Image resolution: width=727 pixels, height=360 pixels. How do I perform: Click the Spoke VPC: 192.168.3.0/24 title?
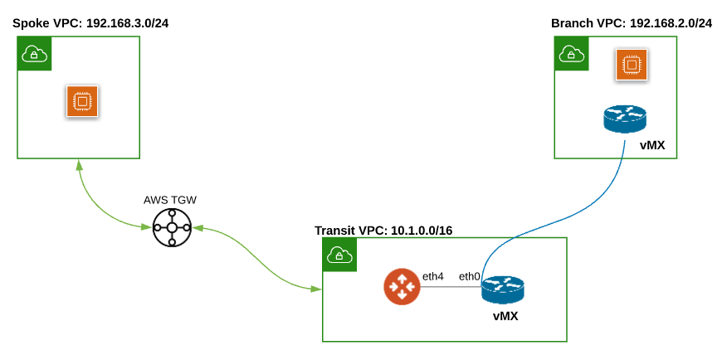(90, 23)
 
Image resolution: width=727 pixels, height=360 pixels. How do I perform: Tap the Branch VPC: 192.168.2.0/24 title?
(631, 22)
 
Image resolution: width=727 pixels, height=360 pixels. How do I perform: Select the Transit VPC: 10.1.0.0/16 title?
(383, 230)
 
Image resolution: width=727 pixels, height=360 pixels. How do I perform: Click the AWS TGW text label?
(170, 200)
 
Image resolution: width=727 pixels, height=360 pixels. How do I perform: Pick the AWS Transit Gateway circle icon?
(172, 227)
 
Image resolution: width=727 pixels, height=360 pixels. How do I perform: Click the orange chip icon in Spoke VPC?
(82, 101)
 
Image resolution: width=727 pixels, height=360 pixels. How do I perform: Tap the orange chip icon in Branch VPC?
(631, 65)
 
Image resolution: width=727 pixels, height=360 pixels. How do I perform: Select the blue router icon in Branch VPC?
(624, 119)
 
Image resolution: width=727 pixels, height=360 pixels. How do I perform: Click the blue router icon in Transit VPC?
(503, 288)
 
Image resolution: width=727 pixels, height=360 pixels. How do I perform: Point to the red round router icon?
(402, 287)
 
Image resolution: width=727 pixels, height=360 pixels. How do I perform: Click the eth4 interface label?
(432, 276)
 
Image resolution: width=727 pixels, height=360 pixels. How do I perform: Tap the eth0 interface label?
(470, 276)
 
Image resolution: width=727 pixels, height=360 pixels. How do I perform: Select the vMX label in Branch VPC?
(651, 146)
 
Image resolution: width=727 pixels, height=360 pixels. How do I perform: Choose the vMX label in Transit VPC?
(505, 316)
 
